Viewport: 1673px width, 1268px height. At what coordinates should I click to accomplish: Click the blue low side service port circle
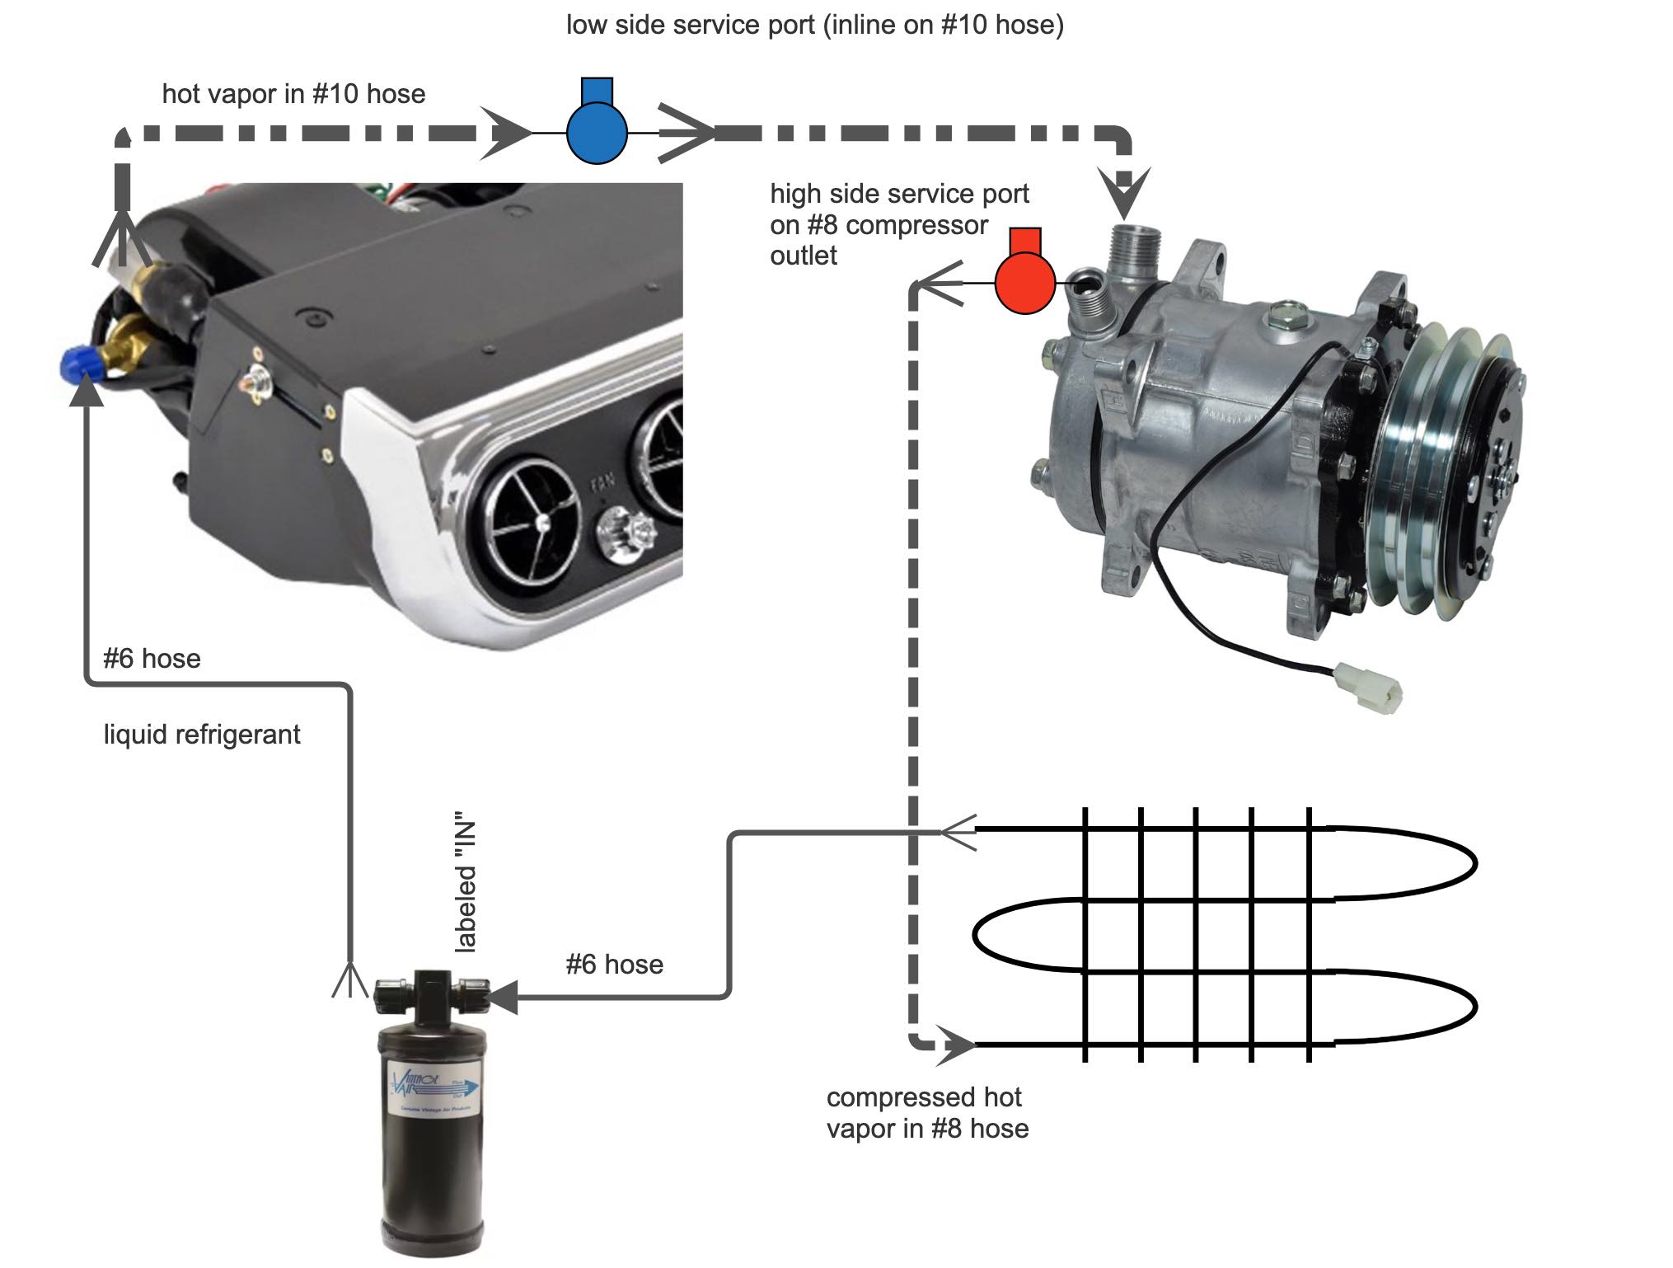(597, 132)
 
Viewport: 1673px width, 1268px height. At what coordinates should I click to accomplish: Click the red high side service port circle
(1024, 283)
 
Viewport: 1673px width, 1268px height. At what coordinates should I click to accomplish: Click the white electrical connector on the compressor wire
(1369, 687)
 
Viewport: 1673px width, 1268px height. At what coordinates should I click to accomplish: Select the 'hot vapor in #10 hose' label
(293, 94)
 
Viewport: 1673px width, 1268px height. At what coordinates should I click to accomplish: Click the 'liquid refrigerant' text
(202, 734)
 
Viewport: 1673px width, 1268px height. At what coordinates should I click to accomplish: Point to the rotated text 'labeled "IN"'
(466, 887)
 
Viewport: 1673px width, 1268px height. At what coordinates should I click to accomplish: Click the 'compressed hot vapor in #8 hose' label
(926, 1112)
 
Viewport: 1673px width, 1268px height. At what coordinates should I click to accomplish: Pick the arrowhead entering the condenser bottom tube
(956, 1045)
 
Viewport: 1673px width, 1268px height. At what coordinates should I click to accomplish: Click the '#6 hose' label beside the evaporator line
(152, 659)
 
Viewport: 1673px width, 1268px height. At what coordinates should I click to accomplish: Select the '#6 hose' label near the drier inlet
(614, 964)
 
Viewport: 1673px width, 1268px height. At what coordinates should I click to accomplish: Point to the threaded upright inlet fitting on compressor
(1135, 247)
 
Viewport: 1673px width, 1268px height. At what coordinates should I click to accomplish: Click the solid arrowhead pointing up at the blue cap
(86, 394)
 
